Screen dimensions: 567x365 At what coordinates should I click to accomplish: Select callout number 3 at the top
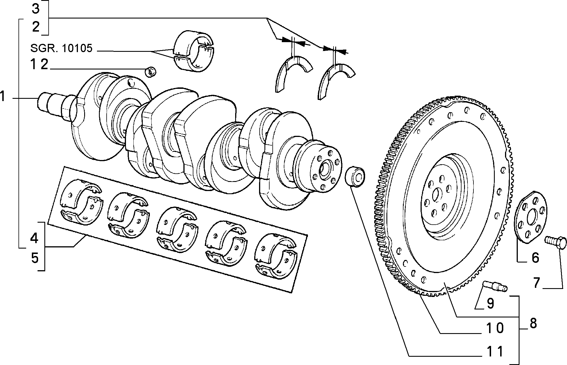[x=35, y=9]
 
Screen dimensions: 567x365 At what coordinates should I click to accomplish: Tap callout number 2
[x=36, y=27]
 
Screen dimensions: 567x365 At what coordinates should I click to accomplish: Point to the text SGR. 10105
[x=61, y=48]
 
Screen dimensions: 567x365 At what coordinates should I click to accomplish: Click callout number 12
[x=39, y=65]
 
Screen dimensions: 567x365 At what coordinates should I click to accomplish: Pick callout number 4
[x=34, y=238]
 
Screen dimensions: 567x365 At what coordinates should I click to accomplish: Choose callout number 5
[x=34, y=258]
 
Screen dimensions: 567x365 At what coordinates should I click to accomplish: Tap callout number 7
[x=536, y=283]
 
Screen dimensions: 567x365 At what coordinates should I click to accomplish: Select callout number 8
[x=533, y=324]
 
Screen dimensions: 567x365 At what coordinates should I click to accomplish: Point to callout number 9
[x=491, y=304]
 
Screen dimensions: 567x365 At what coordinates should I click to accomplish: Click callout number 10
[x=495, y=328]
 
